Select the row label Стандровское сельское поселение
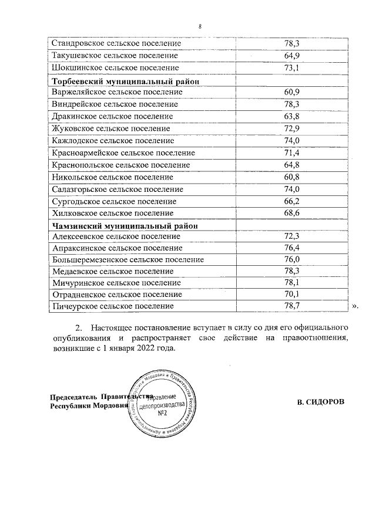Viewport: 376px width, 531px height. tap(116, 43)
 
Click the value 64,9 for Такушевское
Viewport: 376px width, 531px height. tap(292, 56)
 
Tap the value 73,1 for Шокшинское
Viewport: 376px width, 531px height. tap(292, 68)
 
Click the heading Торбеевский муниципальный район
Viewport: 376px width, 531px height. tap(126, 80)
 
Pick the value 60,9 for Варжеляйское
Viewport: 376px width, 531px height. tap(292, 92)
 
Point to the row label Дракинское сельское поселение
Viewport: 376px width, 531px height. tap(112, 116)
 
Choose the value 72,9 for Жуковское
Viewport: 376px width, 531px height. tap(292, 128)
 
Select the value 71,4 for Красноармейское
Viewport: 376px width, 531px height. tap(292, 153)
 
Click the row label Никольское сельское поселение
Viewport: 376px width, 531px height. tap(112, 177)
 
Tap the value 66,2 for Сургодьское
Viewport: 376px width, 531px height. tap(292, 201)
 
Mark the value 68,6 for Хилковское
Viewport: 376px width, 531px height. tap(292, 213)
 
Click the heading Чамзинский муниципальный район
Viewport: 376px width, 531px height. tap(124, 225)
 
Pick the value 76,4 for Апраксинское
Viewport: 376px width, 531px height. tap(292, 248)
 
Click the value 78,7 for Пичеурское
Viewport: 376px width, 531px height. tap(292, 306)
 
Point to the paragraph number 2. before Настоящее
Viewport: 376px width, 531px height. tap(77, 326)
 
